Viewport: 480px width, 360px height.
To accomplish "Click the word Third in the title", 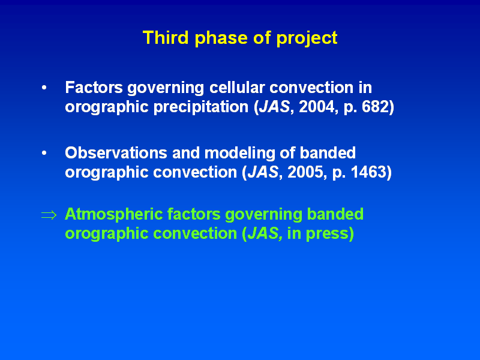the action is (x=166, y=37).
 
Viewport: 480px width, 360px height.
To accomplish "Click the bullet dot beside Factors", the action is (x=44, y=88).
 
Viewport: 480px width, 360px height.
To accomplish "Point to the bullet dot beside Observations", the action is (x=44, y=153).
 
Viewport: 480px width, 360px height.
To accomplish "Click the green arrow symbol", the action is (x=49, y=215).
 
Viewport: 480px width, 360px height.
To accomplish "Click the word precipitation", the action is (x=201, y=108).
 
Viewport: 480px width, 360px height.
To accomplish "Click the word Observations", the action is (x=116, y=153).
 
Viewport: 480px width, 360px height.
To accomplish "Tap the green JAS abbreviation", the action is (x=265, y=233).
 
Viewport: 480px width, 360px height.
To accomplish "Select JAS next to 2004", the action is (x=274, y=107).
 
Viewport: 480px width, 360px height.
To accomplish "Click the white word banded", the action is (x=328, y=153).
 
